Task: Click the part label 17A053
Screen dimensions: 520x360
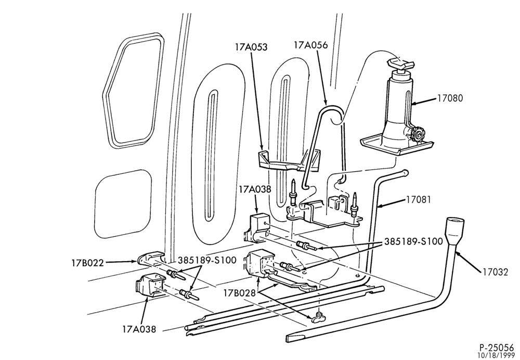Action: click(x=251, y=47)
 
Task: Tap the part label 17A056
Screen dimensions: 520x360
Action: click(x=311, y=45)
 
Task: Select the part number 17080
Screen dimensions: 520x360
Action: click(x=450, y=98)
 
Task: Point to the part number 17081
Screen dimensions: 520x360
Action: click(x=419, y=200)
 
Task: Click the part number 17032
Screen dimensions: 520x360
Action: click(x=495, y=272)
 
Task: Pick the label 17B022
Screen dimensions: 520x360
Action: click(x=87, y=263)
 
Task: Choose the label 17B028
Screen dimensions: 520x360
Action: click(x=239, y=293)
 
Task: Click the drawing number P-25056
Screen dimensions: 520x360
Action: click(x=496, y=348)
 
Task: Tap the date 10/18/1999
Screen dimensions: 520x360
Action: click(x=496, y=356)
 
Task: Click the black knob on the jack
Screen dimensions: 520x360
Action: click(x=418, y=135)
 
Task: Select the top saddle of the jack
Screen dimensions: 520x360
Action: click(x=400, y=63)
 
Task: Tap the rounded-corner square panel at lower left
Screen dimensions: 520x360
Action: click(x=123, y=203)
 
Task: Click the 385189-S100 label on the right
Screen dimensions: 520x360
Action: click(x=413, y=241)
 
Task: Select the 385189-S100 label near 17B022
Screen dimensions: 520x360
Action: click(x=207, y=260)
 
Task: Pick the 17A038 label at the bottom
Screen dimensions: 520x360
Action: click(x=139, y=329)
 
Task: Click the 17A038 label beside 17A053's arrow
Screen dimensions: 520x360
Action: click(x=255, y=189)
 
